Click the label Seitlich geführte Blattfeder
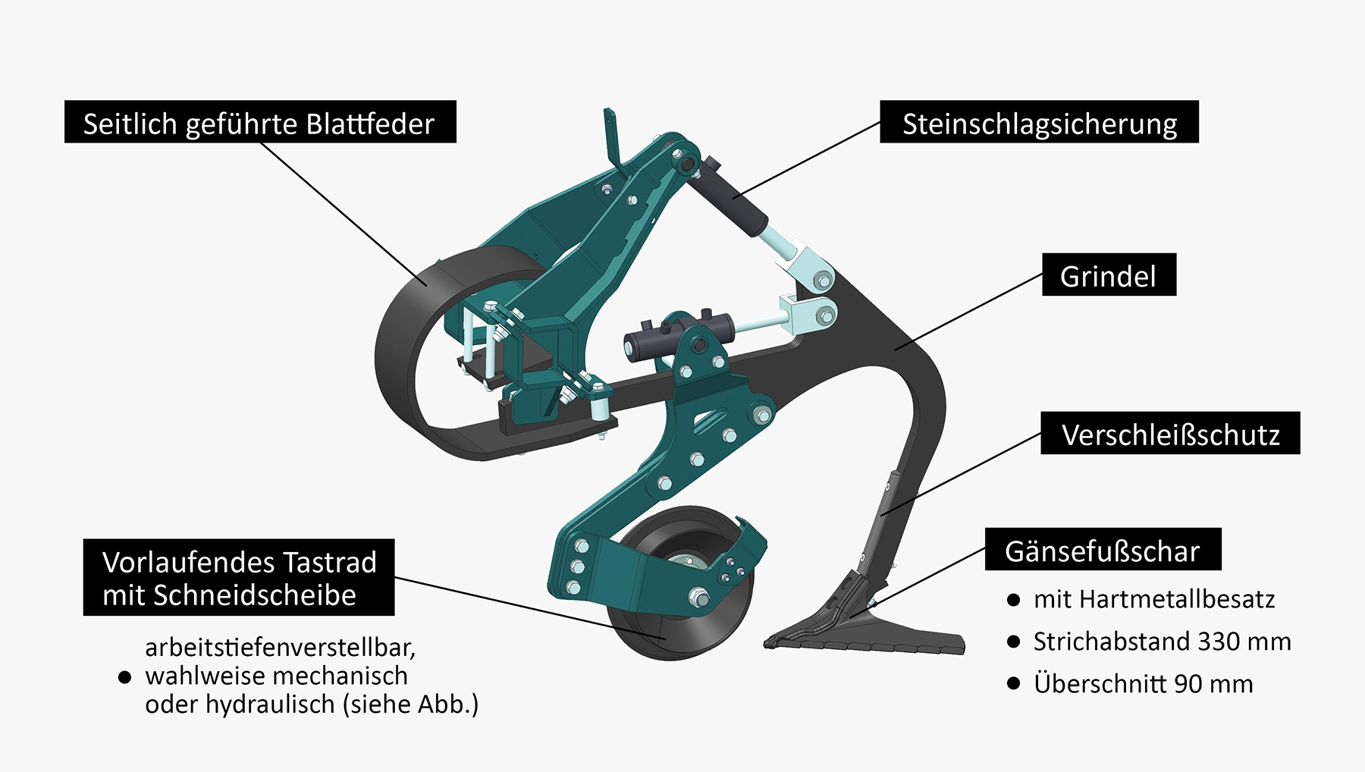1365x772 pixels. (260, 122)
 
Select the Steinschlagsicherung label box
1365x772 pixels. (1039, 122)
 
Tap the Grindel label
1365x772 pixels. (1108, 275)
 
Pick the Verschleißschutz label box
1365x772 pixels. (1169, 434)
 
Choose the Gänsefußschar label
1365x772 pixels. (1102, 550)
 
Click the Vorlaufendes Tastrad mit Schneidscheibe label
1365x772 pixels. (238, 578)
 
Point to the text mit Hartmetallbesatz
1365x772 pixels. (1153, 599)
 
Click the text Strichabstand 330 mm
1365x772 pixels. (1162, 642)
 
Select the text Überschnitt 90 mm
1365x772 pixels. (1143, 683)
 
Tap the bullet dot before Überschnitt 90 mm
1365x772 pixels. (1014, 684)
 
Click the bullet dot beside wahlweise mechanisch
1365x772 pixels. (125, 676)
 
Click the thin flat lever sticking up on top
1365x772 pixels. (611, 140)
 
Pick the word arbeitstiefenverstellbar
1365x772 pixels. (280, 648)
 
